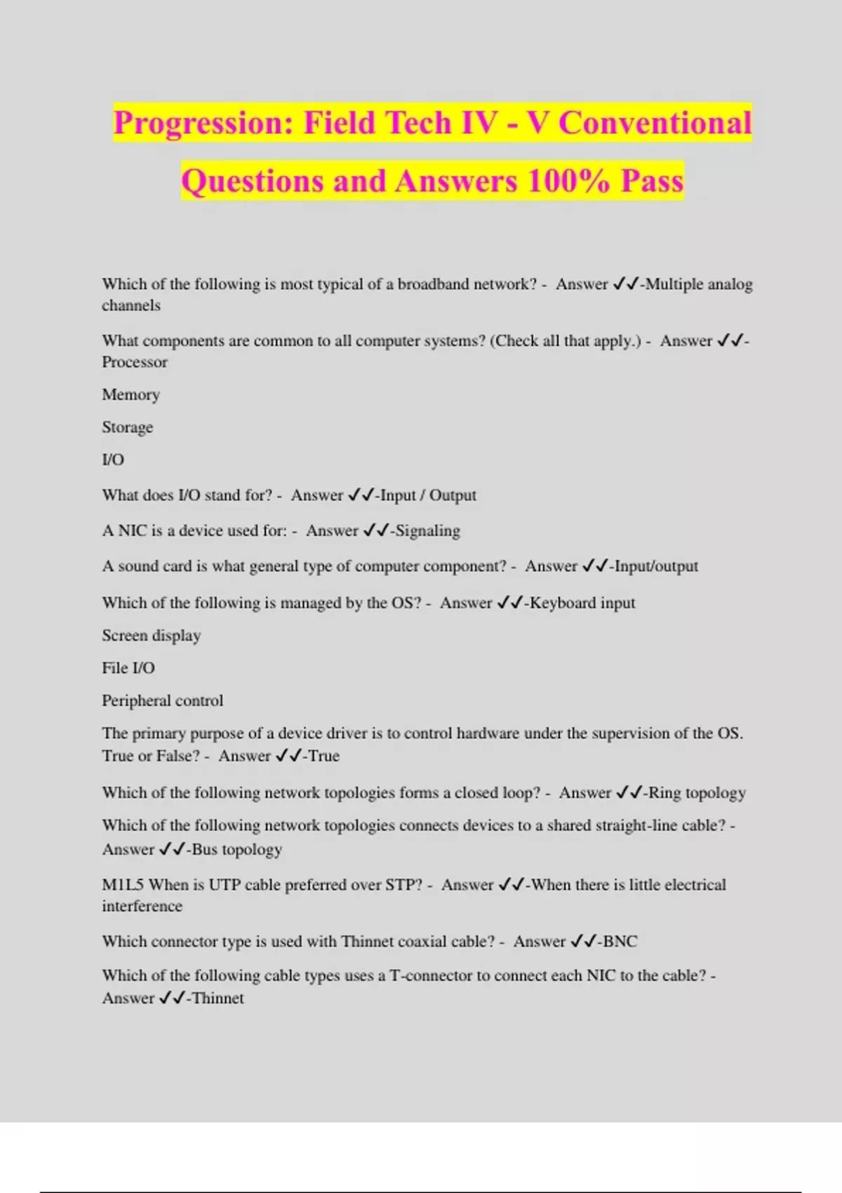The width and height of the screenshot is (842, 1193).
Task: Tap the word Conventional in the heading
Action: pyautogui.click(x=655, y=123)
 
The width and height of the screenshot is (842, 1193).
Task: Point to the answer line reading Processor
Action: pyautogui.click(x=135, y=362)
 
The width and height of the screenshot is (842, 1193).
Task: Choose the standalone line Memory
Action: pyautogui.click(x=131, y=394)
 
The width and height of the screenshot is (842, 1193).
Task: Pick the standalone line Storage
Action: pyautogui.click(x=127, y=427)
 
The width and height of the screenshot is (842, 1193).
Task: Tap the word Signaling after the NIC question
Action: pyautogui.click(x=428, y=531)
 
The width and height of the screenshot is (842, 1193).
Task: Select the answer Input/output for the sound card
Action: pyautogui.click(x=656, y=566)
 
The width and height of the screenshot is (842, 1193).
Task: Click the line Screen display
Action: pyautogui.click(x=152, y=635)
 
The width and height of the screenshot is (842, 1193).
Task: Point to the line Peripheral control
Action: pyautogui.click(x=163, y=700)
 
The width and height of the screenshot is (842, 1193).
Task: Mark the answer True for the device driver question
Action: pyautogui.click(x=324, y=756)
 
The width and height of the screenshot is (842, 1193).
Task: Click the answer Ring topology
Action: pyautogui.click(x=697, y=793)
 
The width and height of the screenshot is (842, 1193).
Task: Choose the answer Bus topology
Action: pyautogui.click(x=237, y=849)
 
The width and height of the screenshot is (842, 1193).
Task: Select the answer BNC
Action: pyautogui.click(x=620, y=941)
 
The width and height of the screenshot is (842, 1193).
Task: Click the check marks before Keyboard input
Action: pyautogui.click(x=510, y=603)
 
